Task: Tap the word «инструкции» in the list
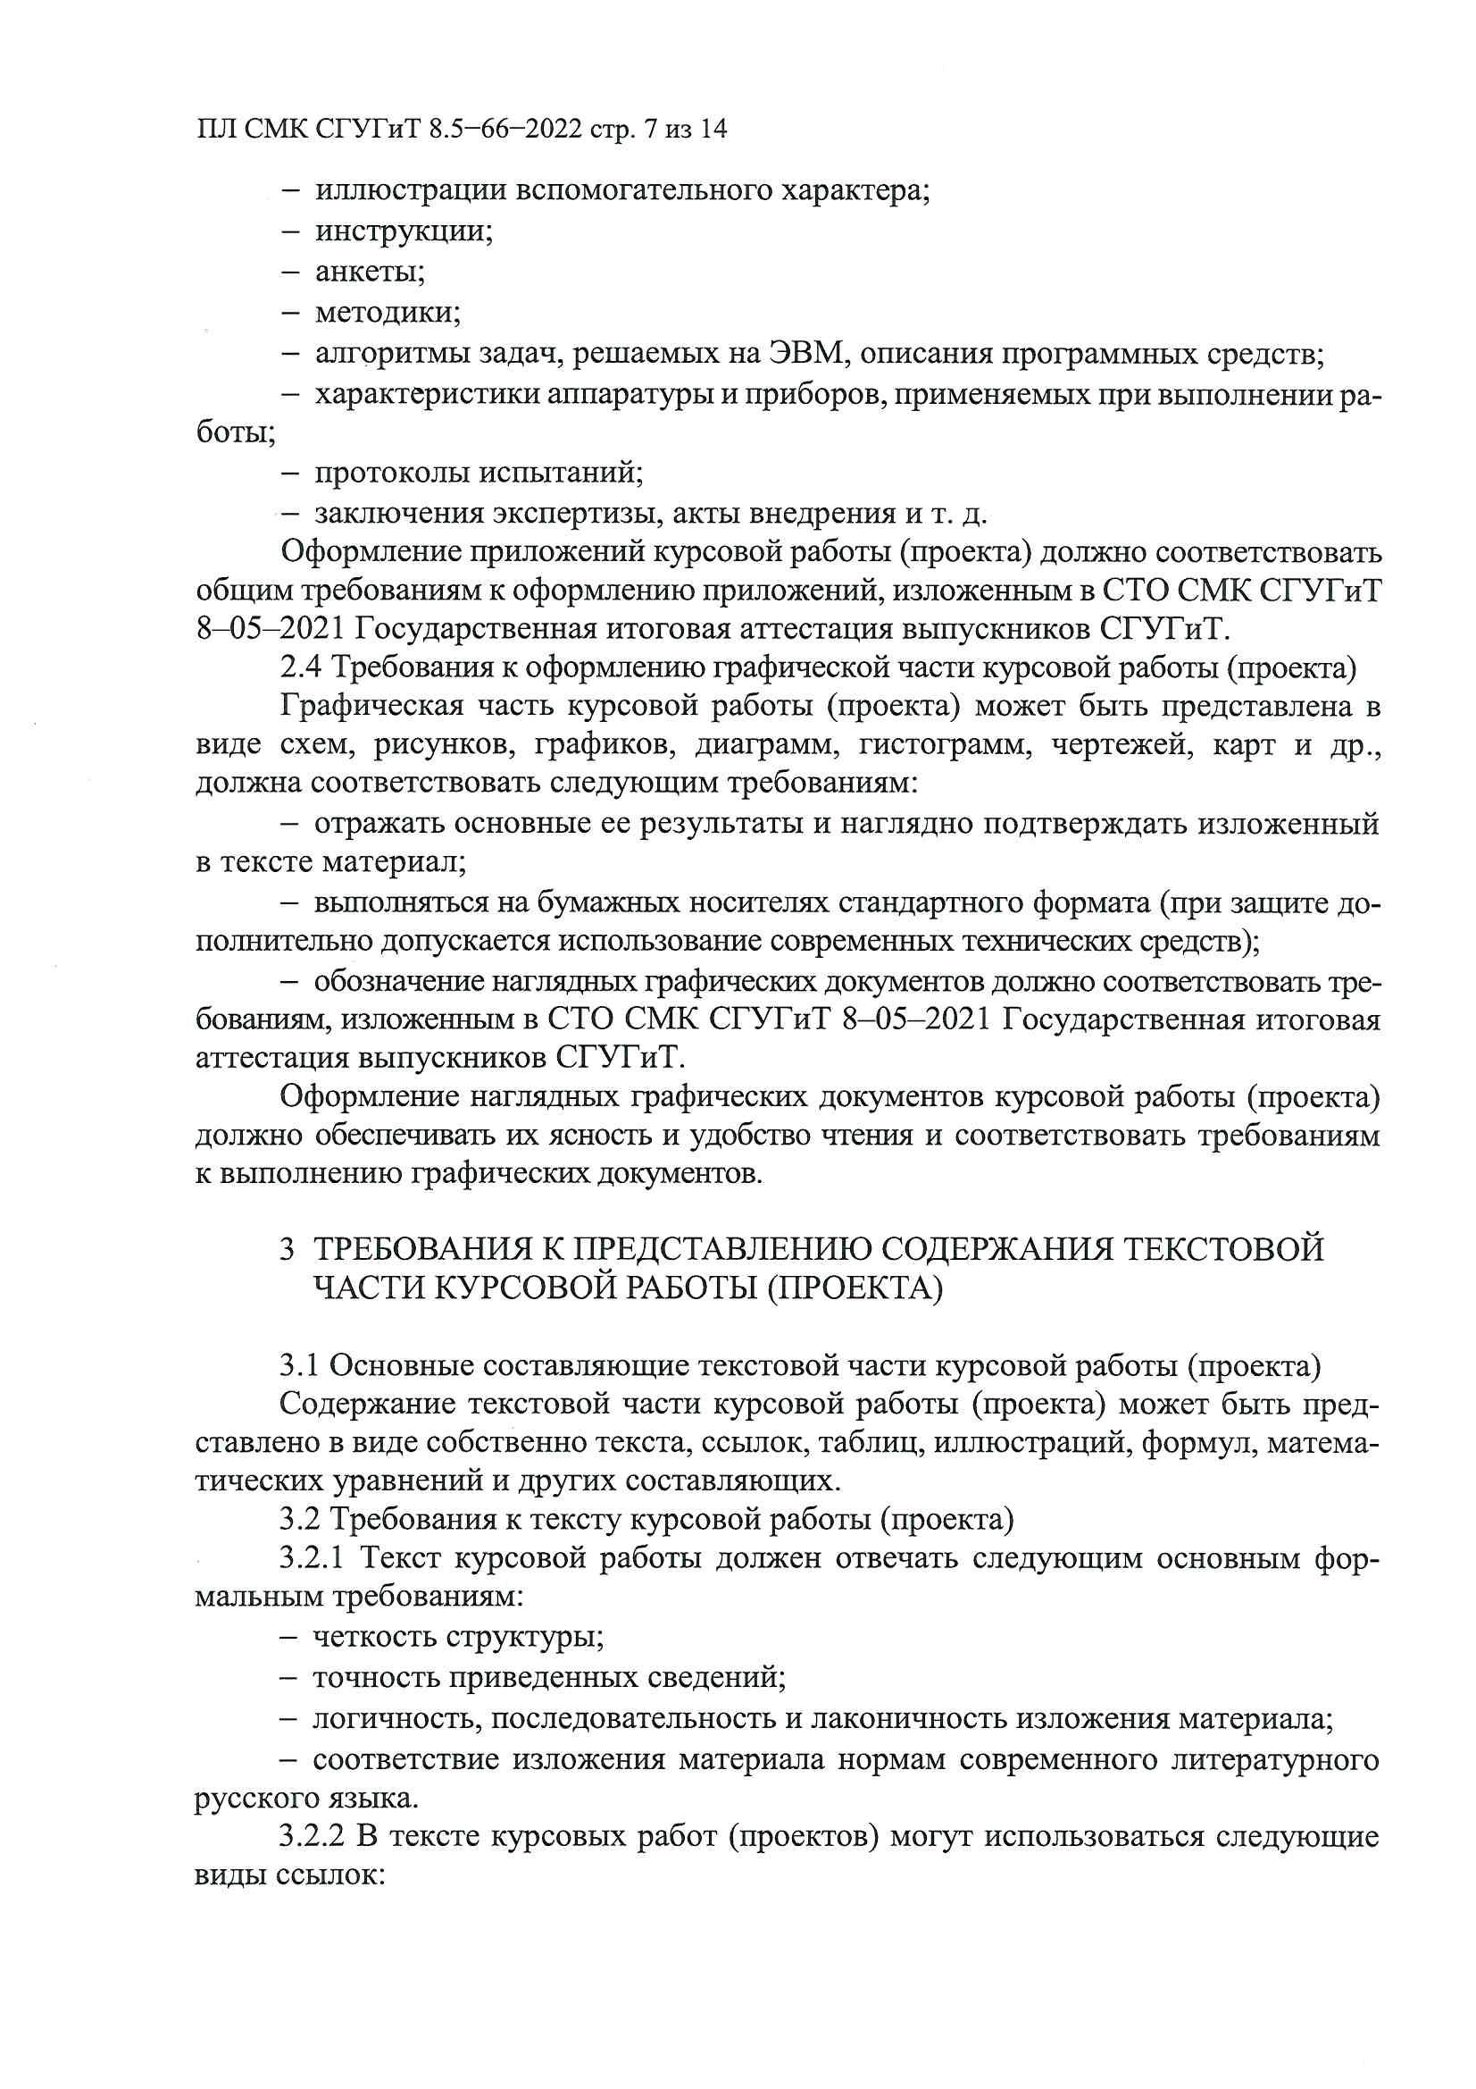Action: (x=404, y=231)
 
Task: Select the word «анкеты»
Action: (x=370, y=271)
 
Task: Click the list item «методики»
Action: (x=388, y=312)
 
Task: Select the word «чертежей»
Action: (x=1121, y=745)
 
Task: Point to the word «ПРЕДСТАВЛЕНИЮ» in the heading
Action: (x=721, y=1249)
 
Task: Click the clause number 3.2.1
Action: (x=311, y=1557)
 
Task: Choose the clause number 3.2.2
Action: (x=311, y=1837)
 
